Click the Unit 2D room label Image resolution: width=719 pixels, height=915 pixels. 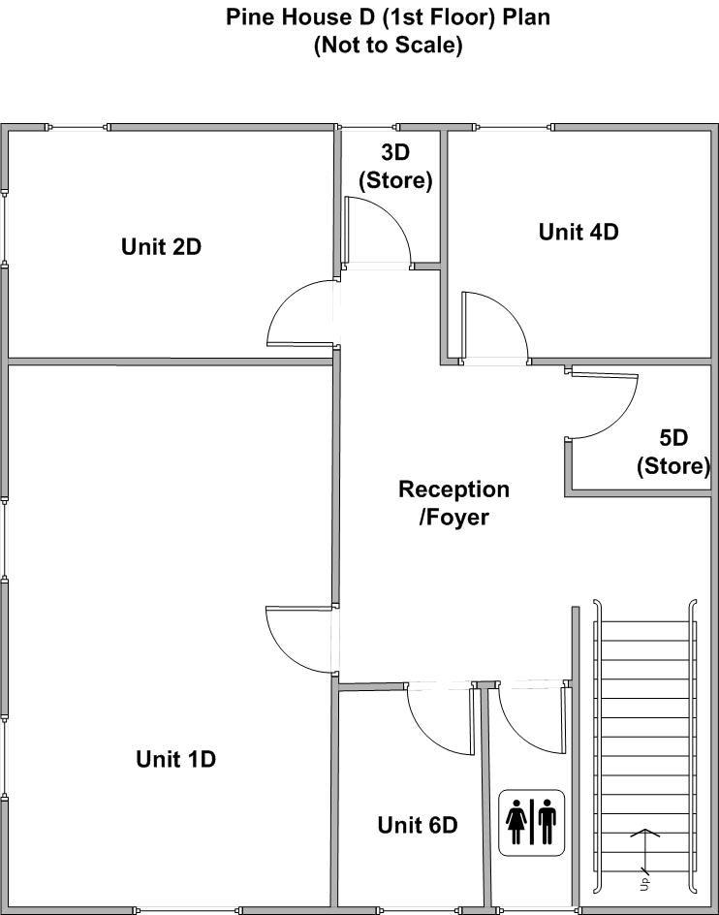tap(161, 247)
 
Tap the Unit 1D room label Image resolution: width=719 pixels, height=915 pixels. tap(175, 759)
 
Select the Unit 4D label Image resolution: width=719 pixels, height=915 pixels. tap(578, 232)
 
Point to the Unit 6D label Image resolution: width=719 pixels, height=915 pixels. tap(418, 825)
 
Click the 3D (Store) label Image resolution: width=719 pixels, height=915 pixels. tap(395, 167)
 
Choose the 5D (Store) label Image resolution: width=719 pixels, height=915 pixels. tap(673, 453)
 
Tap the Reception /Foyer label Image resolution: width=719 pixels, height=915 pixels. tap(454, 503)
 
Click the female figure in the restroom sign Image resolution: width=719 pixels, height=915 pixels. tap(516, 822)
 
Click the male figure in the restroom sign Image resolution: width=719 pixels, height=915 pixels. tap(547, 822)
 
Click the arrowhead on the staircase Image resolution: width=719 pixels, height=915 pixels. tap(644, 833)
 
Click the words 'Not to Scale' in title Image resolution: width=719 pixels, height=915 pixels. tap(389, 45)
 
